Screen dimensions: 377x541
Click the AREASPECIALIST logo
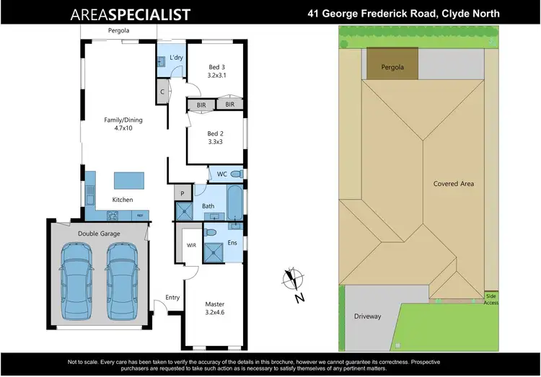click(x=130, y=14)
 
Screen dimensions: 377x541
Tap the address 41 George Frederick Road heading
click(x=403, y=14)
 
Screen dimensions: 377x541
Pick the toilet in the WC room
click(x=236, y=174)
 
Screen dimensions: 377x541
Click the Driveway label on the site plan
click(x=367, y=316)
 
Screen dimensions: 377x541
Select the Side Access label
click(x=491, y=299)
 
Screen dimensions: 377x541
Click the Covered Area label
click(x=453, y=184)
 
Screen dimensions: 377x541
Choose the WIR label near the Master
click(x=191, y=245)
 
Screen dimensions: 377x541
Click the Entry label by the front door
click(x=172, y=297)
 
